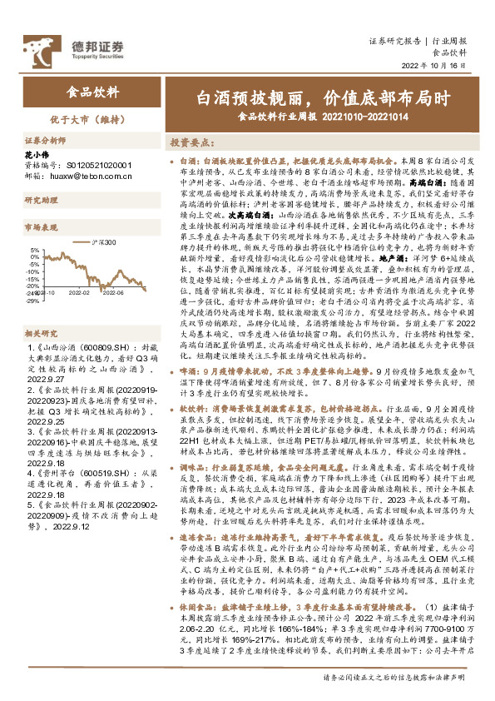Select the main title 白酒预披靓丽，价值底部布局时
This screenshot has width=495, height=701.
(x=323, y=98)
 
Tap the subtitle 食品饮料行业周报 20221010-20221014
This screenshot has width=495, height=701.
(x=323, y=116)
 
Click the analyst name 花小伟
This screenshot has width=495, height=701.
(x=35, y=155)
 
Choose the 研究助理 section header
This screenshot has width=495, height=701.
(x=39, y=201)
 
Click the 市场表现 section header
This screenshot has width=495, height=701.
(x=39, y=226)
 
